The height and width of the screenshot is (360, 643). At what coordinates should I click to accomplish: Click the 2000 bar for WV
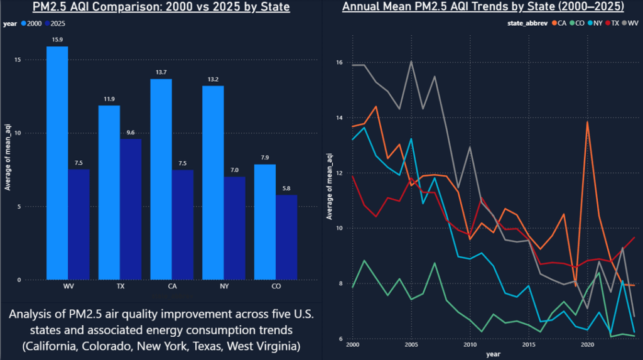point(57,163)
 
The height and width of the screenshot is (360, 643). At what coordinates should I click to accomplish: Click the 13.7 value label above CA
point(161,73)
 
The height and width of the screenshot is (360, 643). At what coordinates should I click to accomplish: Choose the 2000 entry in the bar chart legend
point(34,23)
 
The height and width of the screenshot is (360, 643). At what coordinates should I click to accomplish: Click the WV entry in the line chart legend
point(634,23)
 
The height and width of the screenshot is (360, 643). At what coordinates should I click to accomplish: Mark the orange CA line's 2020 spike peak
point(587,121)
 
